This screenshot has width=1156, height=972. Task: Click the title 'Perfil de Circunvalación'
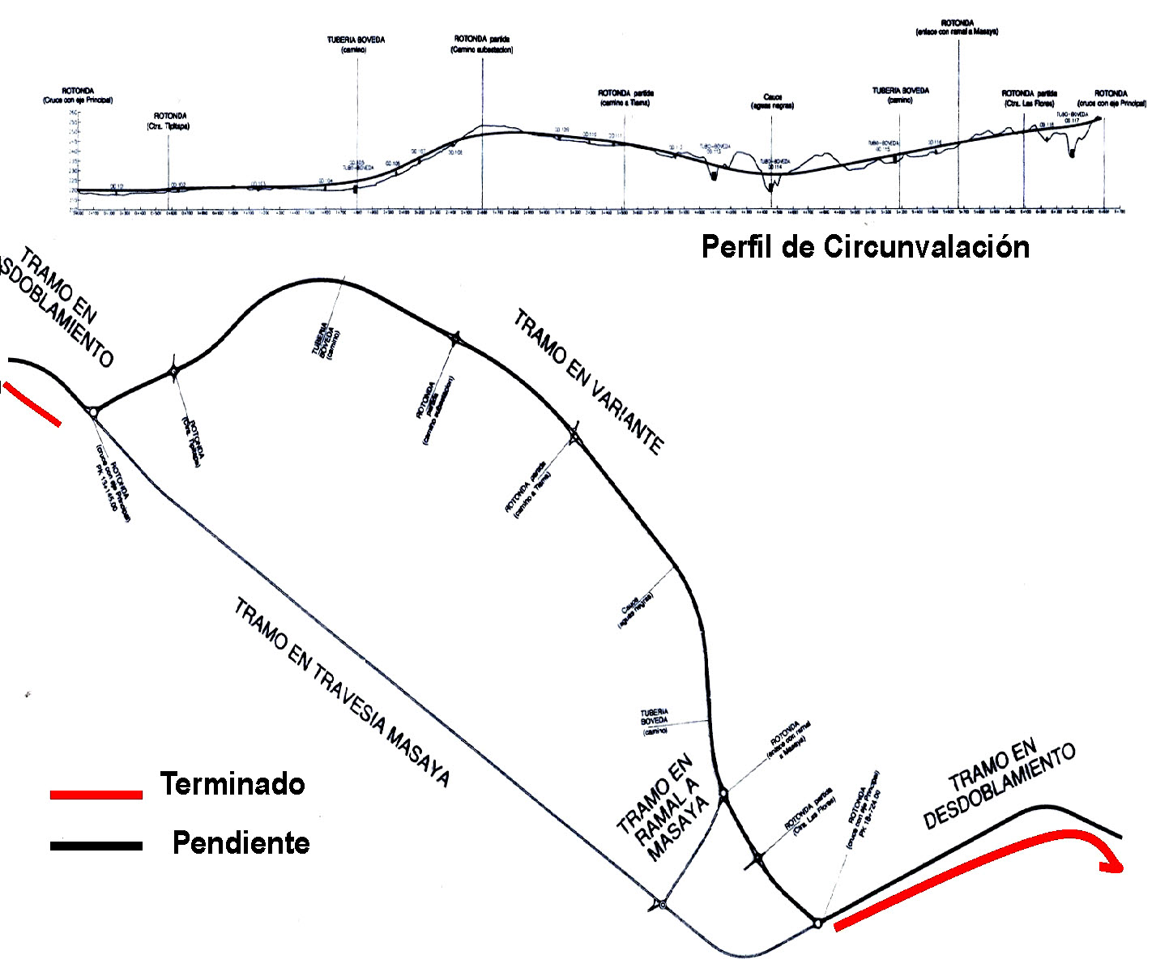pyautogui.click(x=865, y=247)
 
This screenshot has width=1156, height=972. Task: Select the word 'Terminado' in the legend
pyautogui.click(x=232, y=784)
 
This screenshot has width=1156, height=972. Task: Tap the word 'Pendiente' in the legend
pyautogui.click(x=241, y=843)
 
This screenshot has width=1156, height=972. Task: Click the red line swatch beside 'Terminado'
pyautogui.click(x=96, y=795)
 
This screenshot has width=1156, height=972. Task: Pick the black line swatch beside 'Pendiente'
pyautogui.click(x=96, y=846)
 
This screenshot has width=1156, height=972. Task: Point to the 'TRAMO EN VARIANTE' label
pyautogui.click(x=588, y=381)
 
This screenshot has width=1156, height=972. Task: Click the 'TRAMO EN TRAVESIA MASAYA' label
pyautogui.click(x=341, y=693)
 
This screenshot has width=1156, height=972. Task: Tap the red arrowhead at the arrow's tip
pyautogui.click(x=1115, y=865)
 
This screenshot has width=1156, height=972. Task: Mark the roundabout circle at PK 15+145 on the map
pyautogui.click(x=93, y=412)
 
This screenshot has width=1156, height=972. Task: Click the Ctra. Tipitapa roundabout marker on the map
pyautogui.click(x=173, y=372)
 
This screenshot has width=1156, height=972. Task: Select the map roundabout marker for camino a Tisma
pyautogui.click(x=574, y=437)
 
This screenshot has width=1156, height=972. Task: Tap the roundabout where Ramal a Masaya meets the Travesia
pyautogui.click(x=663, y=904)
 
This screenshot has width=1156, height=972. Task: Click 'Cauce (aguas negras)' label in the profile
pyautogui.click(x=772, y=100)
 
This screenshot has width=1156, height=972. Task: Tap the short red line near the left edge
pyautogui.click(x=32, y=403)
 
